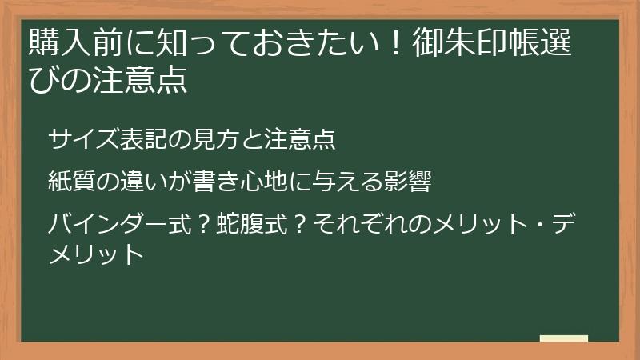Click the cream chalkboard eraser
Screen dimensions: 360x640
click(563, 338)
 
